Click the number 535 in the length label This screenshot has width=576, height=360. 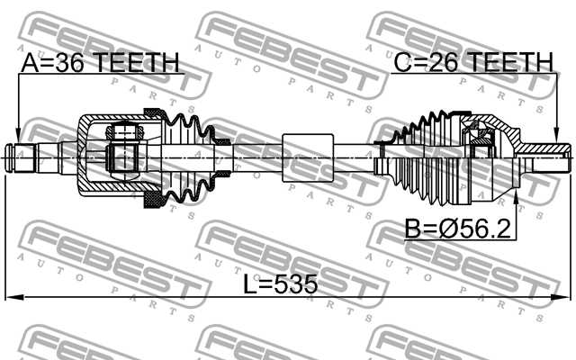296,285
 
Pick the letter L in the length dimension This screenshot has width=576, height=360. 252,285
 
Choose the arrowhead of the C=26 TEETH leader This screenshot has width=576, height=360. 556,137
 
